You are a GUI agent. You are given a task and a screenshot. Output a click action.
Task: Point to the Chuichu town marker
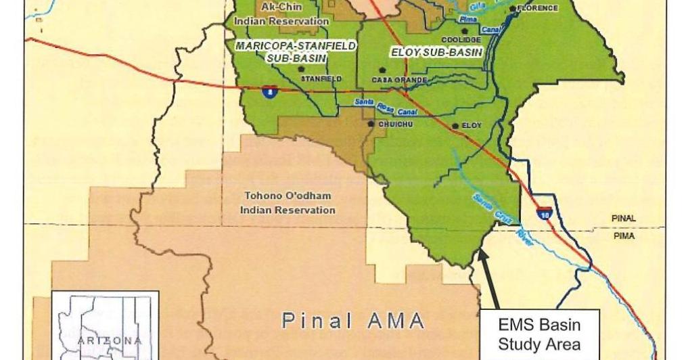[x=371, y=124]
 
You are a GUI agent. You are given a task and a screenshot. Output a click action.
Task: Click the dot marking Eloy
[x=455, y=126]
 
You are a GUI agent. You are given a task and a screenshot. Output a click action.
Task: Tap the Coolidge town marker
[x=465, y=31]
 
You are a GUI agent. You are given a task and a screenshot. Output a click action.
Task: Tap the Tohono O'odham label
[x=288, y=203]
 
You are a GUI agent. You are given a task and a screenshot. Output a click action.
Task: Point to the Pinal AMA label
[x=352, y=320]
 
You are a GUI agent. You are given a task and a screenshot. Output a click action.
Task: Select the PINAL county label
[x=623, y=219]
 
